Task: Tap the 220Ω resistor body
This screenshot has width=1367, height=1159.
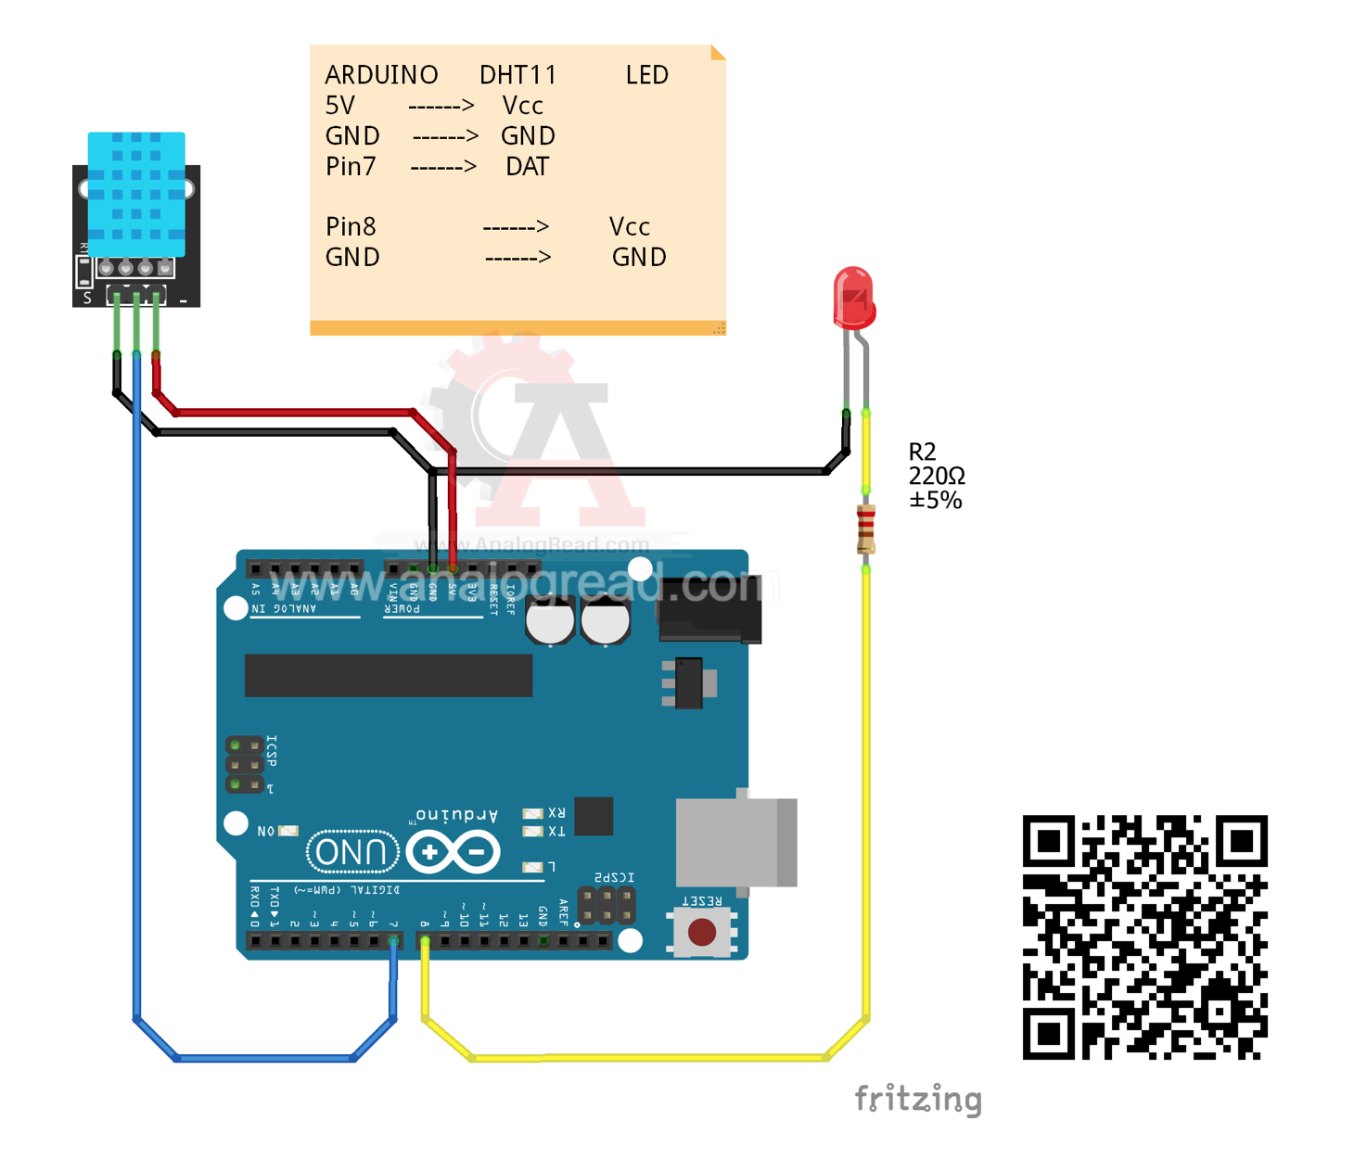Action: click(865, 529)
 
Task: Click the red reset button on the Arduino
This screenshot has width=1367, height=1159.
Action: click(702, 932)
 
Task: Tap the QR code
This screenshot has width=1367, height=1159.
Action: click(1144, 936)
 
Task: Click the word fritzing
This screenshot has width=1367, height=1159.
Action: click(917, 1099)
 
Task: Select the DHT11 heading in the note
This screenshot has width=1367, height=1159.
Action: click(517, 75)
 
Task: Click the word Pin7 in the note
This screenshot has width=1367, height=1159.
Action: click(351, 167)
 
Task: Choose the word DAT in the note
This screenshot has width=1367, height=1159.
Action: click(527, 167)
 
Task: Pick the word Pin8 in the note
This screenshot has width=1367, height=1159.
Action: click(351, 227)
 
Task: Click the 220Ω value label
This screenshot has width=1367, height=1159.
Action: click(937, 476)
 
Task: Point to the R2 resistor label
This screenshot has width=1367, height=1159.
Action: click(922, 452)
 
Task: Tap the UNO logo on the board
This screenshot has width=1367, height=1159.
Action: click(351, 851)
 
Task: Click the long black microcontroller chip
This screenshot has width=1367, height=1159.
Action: click(388, 675)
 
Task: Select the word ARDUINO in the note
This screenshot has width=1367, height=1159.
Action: click(381, 75)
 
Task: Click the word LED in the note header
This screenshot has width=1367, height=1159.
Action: click(646, 75)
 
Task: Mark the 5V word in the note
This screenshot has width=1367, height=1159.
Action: click(340, 106)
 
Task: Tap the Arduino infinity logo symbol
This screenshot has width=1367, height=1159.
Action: click(454, 851)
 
